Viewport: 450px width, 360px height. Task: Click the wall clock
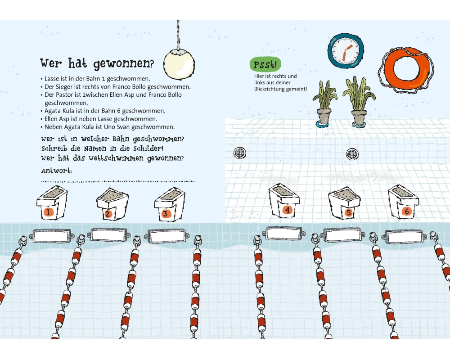[x=346, y=51]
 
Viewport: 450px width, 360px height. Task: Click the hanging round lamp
[x=179, y=64]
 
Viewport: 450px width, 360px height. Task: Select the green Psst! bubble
[x=265, y=64]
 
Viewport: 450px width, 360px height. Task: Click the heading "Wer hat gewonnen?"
[x=97, y=63]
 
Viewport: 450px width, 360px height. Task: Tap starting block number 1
[x=52, y=202]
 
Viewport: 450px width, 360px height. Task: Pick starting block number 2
[x=112, y=204]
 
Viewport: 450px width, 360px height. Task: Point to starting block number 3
[x=170, y=204]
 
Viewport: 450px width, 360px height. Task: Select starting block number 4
[x=284, y=200]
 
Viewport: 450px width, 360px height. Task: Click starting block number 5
[x=344, y=203]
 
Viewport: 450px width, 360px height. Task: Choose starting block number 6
[x=403, y=201]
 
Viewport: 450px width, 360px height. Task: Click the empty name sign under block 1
[x=52, y=236]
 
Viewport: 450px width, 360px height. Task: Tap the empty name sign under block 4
[x=283, y=233]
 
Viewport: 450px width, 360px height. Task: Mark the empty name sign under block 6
[x=404, y=237]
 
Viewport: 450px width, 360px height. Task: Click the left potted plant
[x=325, y=104]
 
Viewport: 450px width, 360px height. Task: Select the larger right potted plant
[x=359, y=101]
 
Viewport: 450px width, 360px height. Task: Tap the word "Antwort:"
[x=56, y=171]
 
